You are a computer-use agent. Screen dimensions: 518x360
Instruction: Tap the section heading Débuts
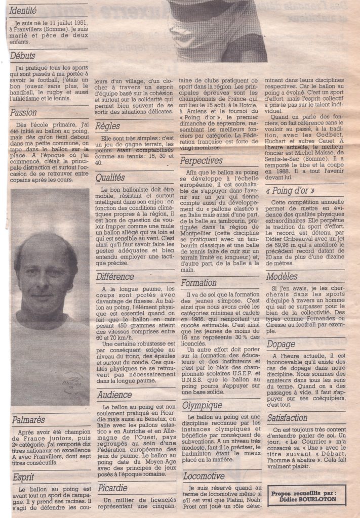coord(23,56)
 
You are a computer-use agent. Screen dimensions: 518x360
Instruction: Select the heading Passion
coord(24,112)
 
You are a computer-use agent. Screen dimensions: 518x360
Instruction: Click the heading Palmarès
coord(28,419)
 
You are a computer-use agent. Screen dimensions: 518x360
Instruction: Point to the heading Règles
coord(107,125)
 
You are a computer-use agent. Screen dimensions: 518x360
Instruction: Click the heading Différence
coord(114,277)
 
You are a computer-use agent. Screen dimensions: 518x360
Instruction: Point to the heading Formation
coord(198,283)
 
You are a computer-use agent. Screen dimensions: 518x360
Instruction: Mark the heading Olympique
coord(202,405)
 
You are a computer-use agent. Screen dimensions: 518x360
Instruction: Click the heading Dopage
coord(281,343)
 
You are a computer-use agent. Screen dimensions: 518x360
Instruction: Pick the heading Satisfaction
coord(287,418)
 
